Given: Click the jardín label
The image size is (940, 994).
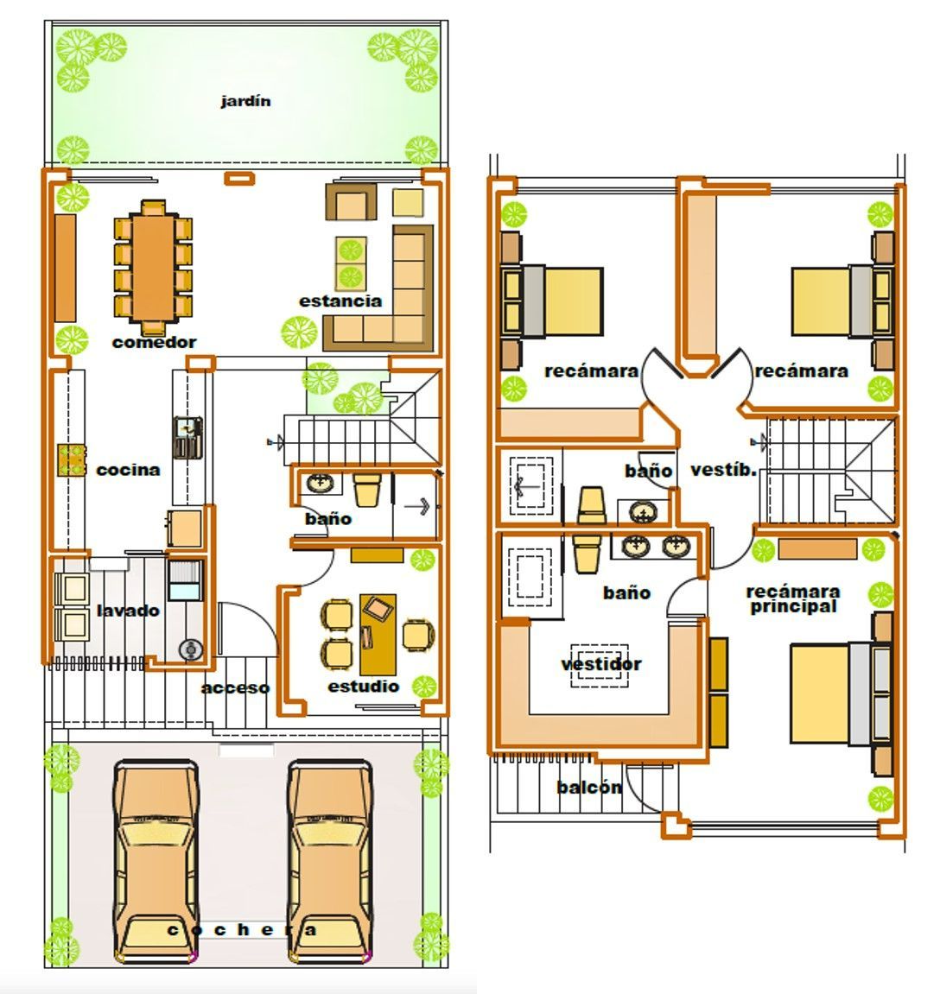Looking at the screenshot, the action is [245, 101].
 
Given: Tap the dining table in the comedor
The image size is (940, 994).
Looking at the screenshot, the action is [153, 269].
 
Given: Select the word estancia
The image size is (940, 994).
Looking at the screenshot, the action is [340, 301].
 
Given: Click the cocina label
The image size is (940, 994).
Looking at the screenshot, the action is [128, 470].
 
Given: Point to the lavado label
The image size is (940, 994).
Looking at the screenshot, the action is [128, 611].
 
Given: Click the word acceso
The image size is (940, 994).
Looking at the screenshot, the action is [235, 687].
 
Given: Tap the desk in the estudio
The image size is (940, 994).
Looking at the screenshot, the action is [378, 635].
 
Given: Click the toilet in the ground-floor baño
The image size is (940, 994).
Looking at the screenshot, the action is [366, 490].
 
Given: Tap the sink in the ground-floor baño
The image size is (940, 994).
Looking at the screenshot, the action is [321, 484].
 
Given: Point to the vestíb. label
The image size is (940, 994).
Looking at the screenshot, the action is [724, 471].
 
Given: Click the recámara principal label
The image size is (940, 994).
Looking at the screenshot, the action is [793, 599].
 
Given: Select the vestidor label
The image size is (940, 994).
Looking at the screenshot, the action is [601, 664].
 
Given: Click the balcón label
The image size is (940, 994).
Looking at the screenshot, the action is [589, 788].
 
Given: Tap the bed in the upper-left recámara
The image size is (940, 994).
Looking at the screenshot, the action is [552, 301].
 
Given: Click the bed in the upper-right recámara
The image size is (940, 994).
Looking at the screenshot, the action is [842, 301].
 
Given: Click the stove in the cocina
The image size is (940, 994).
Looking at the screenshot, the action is [72, 460].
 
